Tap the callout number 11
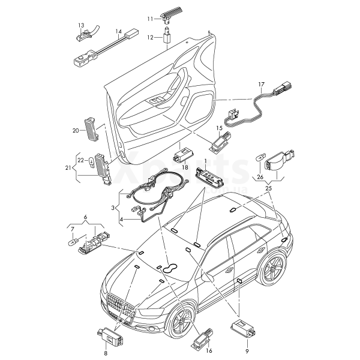151,19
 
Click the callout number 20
76,130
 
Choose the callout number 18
185,166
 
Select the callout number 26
260,177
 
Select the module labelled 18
182,155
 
